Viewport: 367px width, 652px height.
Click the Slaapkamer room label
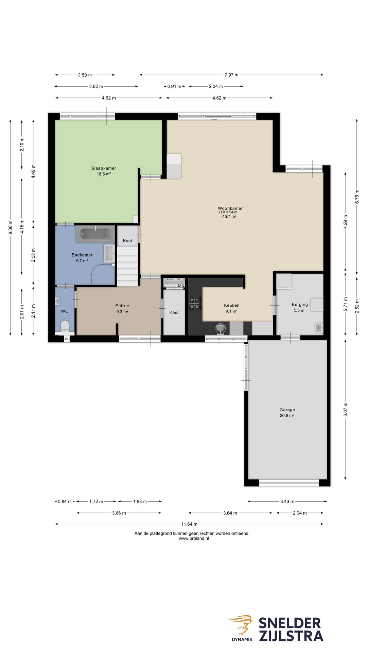[104, 168]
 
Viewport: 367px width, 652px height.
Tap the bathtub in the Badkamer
[95, 234]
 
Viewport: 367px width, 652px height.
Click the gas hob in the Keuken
[195, 303]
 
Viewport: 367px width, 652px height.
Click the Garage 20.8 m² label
[287, 413]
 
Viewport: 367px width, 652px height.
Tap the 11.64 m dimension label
[189, 524]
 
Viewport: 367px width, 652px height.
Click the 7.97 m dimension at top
[231, 75]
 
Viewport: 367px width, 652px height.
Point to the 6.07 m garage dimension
[346, 410]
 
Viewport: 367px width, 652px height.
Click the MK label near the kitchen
[181, 286]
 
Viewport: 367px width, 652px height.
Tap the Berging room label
[300, 305]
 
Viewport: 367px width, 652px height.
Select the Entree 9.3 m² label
[122, 308]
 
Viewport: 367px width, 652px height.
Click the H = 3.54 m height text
[228, 212]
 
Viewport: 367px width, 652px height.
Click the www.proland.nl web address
[194, 538]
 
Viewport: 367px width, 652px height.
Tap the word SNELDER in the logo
[290, 623]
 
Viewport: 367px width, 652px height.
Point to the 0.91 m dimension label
[174, 86]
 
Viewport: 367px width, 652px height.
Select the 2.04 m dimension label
[300, 513]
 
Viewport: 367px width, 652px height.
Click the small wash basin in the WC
[57, 301]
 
